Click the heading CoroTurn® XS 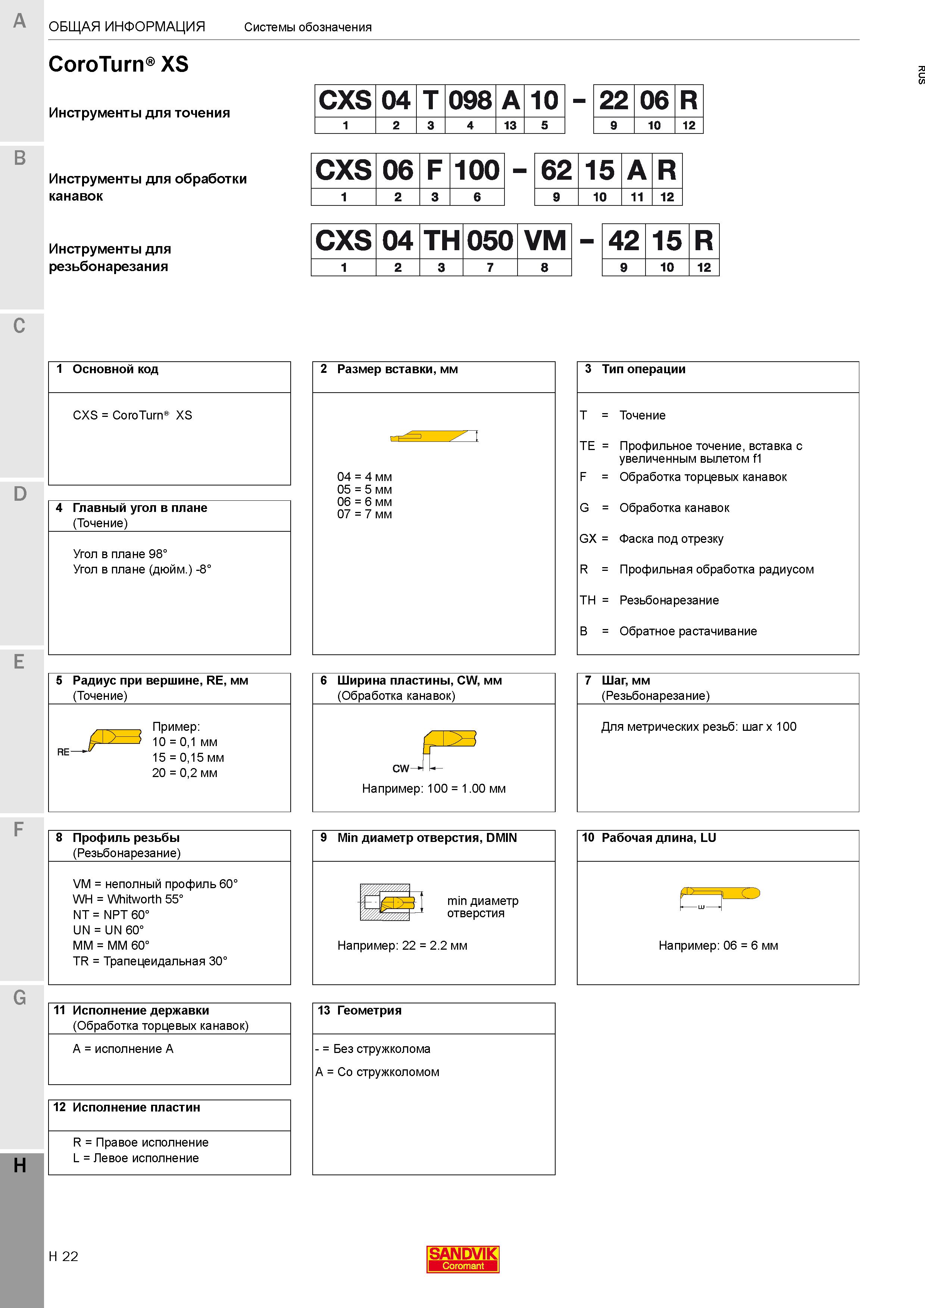click(x=119, y=64)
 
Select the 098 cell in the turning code click(x=470, y=100)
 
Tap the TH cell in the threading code click(x=442, y=240)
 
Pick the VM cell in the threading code click(x=545, y=240)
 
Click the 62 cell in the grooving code click(x=556, y=170)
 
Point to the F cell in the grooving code click(x=435, y=170)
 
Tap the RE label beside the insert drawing click(x=63, y=752)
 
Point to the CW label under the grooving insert click(x=401, y=768)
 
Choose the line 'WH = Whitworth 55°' click(x=128, y=899)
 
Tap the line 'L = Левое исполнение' click(x=136, y=1158)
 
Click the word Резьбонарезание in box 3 click(x=669, y=600)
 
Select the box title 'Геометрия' click(x=369, y=1010)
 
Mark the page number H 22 click(x=63, y=1256)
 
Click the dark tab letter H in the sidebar click(x=20, y=1166)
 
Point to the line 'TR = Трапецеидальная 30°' click(x=150, y=961)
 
